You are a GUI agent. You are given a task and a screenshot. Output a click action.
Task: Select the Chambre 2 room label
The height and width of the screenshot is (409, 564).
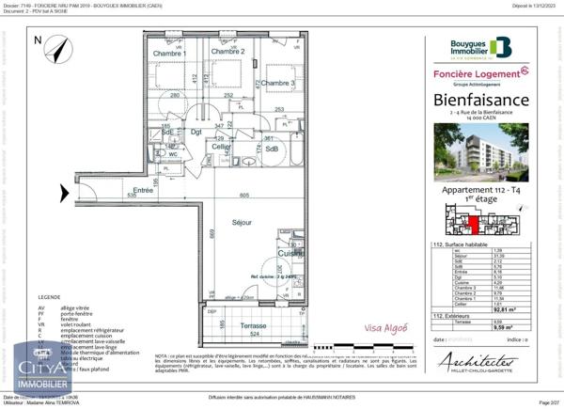coord(227,52)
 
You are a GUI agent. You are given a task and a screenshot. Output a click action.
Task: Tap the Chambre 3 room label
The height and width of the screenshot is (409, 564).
coord(277,84)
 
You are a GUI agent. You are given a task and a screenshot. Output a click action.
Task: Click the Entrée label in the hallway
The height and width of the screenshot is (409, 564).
coord(143,190)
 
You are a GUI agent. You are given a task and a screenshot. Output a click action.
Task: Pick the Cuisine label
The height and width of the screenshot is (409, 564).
coord(290,254)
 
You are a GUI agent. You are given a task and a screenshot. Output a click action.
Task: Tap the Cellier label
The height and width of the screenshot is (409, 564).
coord(222,147)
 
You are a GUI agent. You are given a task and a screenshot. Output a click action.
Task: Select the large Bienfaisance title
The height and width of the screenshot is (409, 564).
coord(480,100)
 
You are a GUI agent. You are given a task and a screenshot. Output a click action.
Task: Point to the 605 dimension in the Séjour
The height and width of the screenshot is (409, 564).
coord(217,195)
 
